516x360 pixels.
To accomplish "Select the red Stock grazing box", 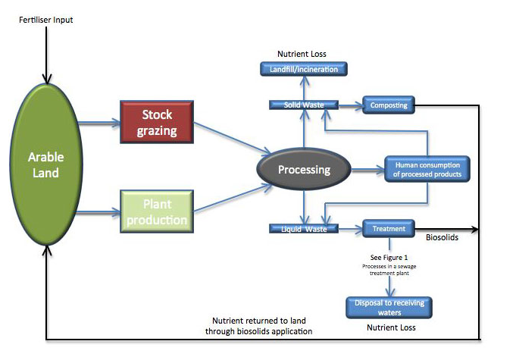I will click(158, 123).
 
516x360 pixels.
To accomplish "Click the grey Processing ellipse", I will click(304, 169).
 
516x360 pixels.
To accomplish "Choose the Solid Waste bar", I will click(304, 105).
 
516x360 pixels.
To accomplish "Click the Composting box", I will click(389, 105).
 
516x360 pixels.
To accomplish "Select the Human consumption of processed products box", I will click(427, 169).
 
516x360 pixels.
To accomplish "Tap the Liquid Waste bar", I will click(304, 228).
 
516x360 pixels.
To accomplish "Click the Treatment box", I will click(389, 228).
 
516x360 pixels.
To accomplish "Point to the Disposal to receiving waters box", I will click(389, 308).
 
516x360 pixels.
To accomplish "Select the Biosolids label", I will click(442, 238).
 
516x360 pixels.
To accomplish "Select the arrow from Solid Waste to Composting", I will click(349, 105).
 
